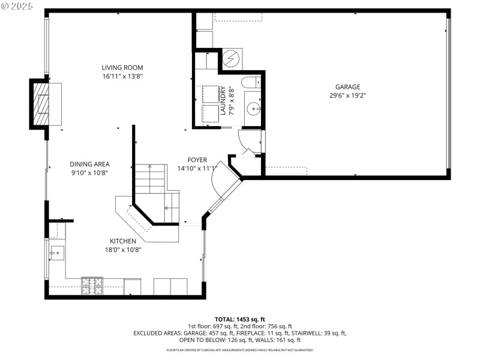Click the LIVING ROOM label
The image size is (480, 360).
click(122, 68)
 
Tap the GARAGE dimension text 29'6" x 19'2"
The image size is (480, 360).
click(347, 95)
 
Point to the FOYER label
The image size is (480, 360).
click(197, 160)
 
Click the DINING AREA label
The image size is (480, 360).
click(89, 164)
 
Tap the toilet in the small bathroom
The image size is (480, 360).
click(252, 82)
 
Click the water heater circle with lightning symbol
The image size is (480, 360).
click(231, 59)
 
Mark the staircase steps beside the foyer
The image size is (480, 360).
click(150, 178)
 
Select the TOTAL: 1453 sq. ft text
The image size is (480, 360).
click(240, 319)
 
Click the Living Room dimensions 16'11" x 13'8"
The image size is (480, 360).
click(122, 76)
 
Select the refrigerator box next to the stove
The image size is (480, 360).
click(133, 287)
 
